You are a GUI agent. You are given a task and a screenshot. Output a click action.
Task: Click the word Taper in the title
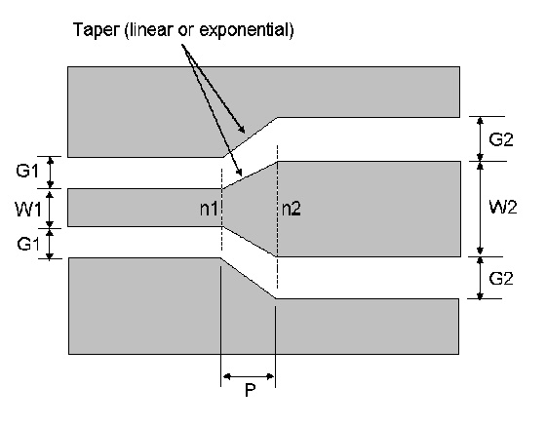tap(96, 30)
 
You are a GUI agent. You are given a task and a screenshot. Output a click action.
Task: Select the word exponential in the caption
tap(244, 30)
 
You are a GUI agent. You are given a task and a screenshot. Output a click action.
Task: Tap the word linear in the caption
tap(150, 29)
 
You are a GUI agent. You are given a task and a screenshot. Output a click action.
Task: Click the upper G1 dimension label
tap(27, 171)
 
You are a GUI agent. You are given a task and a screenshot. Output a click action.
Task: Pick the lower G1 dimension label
tap(28, 244)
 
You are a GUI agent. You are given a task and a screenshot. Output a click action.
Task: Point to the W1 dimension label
tap(28, 210)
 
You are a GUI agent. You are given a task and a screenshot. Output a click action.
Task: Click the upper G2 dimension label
tap(501, 139)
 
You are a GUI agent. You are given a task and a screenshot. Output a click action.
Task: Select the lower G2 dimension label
tap(501, 279)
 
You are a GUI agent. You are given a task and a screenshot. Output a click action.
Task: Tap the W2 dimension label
tap(503, 207)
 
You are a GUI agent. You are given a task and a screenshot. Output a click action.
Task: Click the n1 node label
tap(209, 209)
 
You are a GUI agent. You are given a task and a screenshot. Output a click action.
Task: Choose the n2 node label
tap(292, 209)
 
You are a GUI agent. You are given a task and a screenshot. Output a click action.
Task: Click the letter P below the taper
tap(250, 390)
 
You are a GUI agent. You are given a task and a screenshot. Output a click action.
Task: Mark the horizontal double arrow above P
tap(249, 376)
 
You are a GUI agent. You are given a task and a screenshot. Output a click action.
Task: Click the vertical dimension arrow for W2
tap(480, 209)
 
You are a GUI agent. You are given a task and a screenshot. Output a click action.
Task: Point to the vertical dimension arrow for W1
tap(50, 209)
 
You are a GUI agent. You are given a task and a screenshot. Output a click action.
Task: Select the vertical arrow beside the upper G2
tap(480, 138)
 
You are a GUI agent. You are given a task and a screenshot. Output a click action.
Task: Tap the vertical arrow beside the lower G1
tap(50, 244)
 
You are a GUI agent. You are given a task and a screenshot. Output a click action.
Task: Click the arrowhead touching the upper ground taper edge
tap(241, 129)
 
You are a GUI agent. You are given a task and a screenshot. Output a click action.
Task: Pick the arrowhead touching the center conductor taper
tap(239, 172)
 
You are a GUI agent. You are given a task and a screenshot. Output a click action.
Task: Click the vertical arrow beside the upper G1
tap(51, 173)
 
